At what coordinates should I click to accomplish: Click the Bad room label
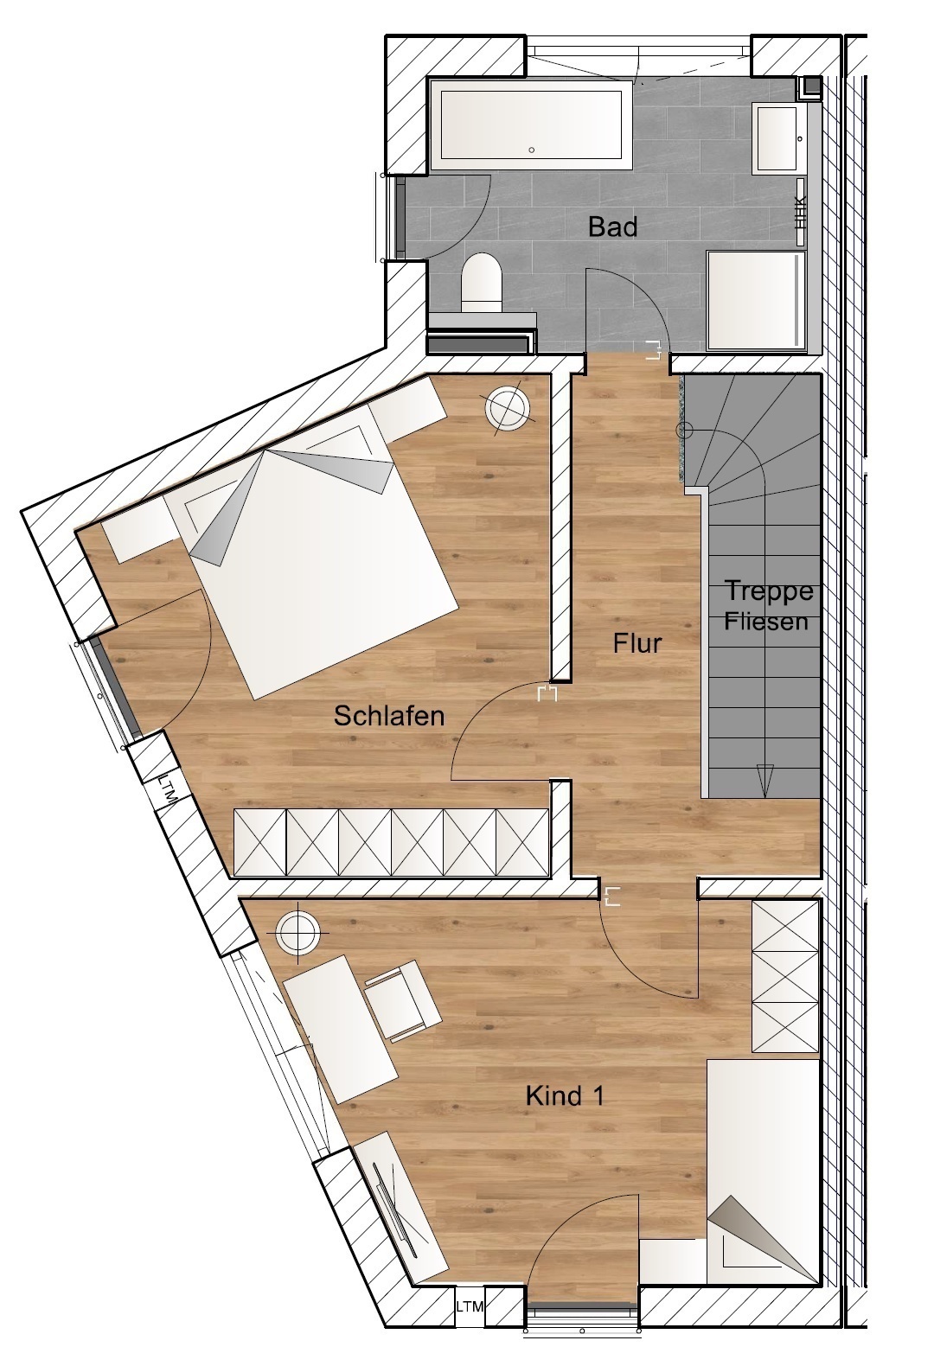[x=612, y=227]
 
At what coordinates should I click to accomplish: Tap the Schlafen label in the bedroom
[x=389, y=716]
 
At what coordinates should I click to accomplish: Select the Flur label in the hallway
[x=637, y=643]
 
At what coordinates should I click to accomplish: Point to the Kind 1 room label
[x=565, y=1096]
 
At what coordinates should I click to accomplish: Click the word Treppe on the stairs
[x=770, y=591]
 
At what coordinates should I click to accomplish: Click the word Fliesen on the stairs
[x=766, y=622]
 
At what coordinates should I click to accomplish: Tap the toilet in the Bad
[x=481, y=283]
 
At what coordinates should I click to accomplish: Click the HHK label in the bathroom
[x=801, y=212]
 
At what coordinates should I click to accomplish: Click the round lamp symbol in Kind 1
[x=297, y=932]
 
